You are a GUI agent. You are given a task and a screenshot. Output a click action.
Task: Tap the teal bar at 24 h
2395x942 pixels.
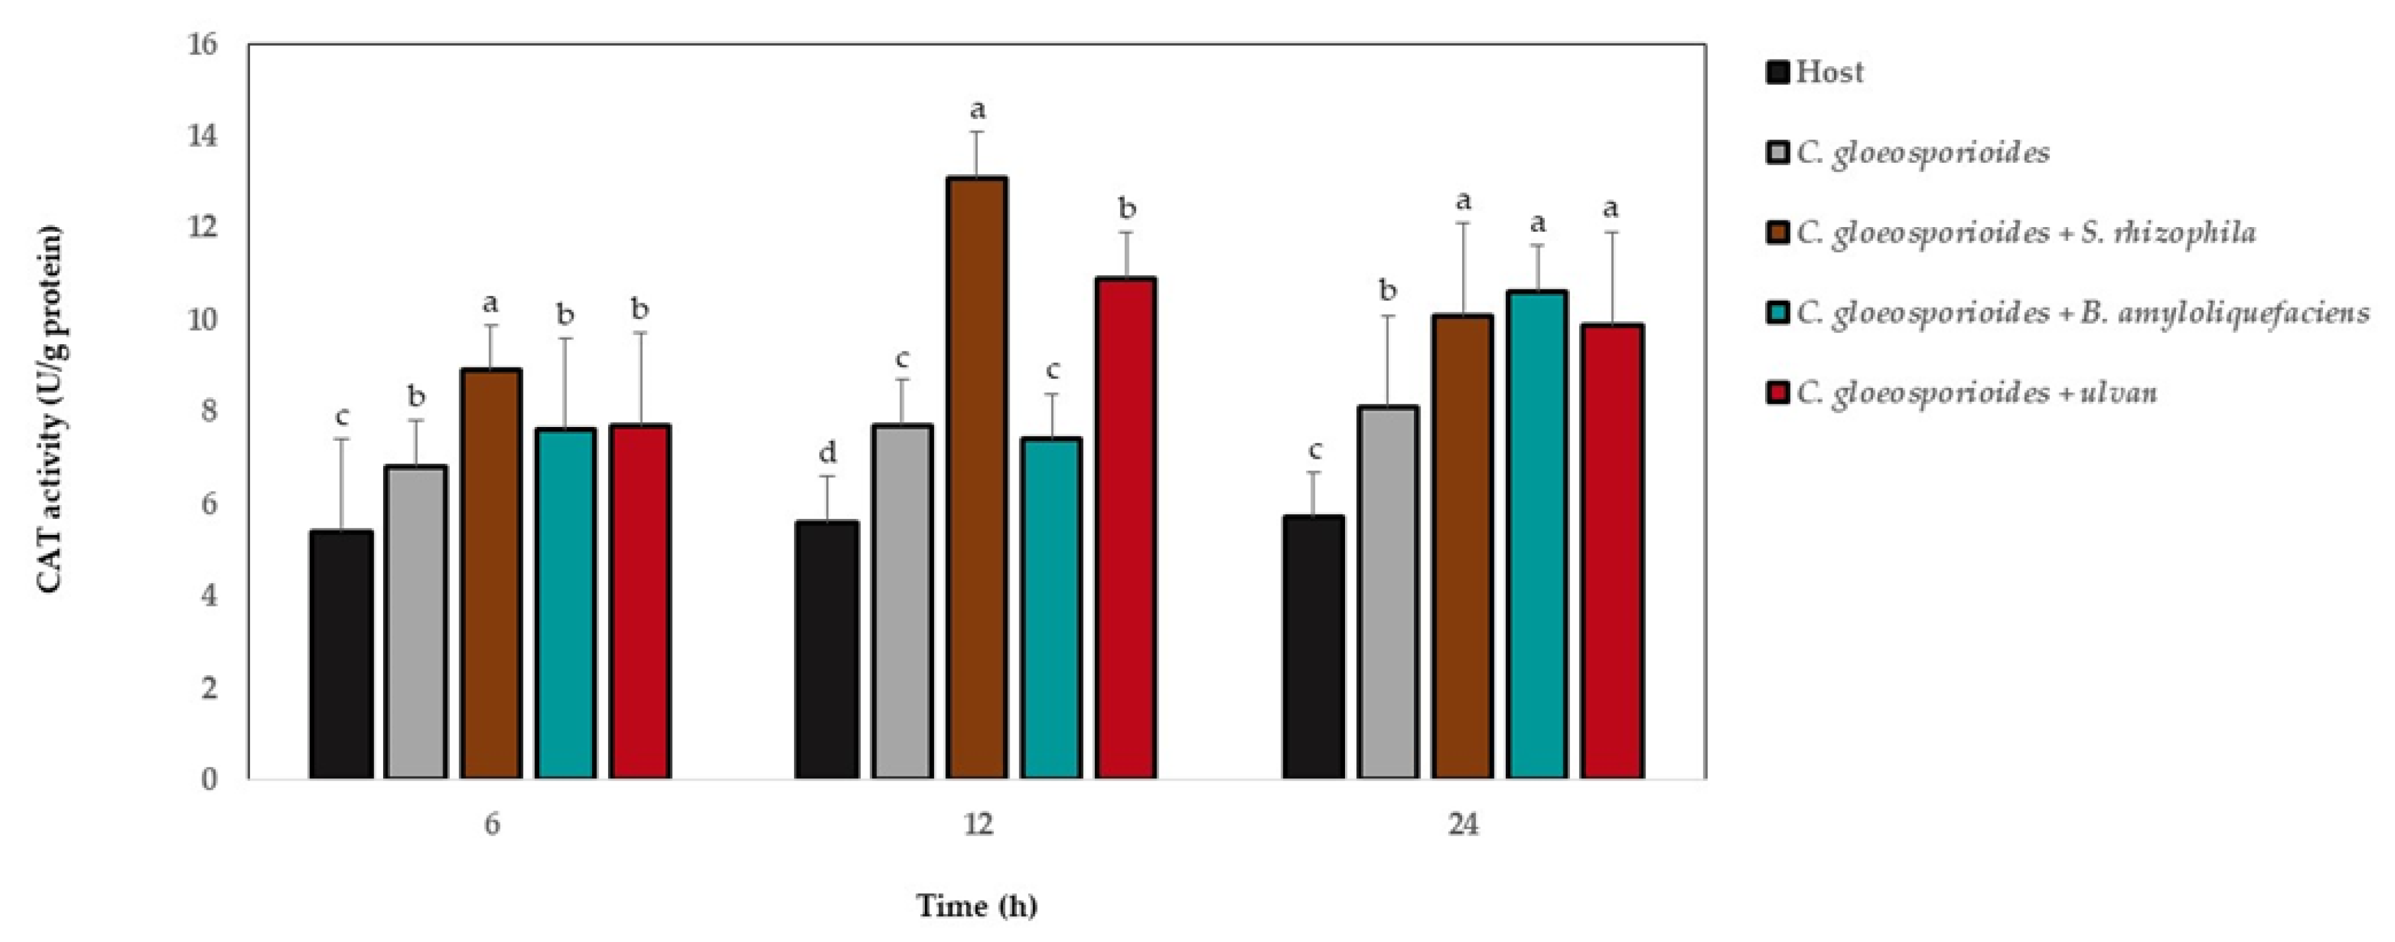[1537, 535]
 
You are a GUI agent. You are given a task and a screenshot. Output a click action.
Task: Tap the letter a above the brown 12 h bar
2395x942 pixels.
[977, 110]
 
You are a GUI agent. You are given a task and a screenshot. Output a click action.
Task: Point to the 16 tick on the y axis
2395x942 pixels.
[202, 44]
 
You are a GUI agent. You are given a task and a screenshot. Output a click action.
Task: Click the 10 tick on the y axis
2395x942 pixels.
[202, 320]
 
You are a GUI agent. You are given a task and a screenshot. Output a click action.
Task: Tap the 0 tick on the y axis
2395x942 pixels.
[209, 778]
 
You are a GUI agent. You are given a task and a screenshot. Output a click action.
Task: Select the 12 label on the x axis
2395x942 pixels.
[977, 825]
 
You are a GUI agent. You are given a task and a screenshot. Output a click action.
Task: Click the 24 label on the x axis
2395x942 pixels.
[1463, 825]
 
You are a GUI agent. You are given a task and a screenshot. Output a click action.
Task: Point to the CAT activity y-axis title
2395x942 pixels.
[50, 409]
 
